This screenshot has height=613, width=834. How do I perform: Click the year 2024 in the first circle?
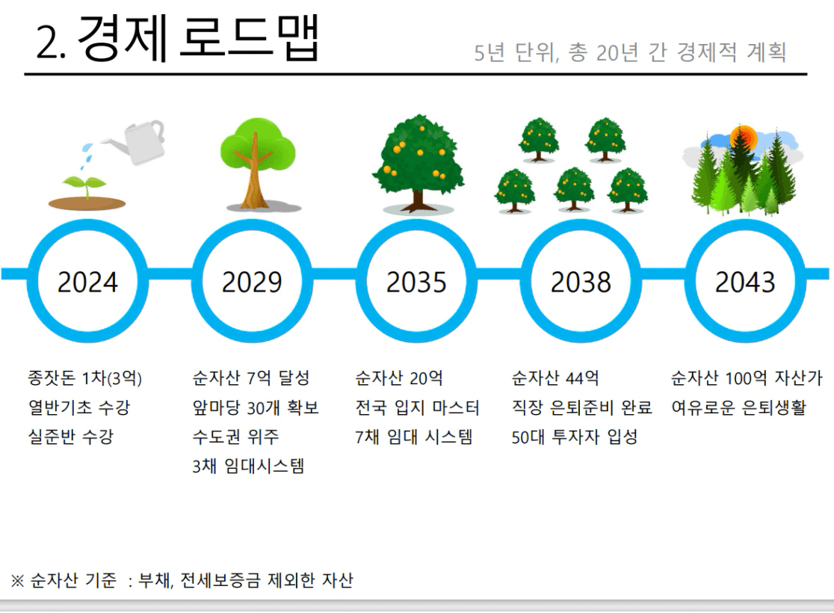click(x=87, y=282)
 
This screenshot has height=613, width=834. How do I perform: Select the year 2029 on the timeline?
click(x=252, y=282)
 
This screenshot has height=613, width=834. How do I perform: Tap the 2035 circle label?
click(x=416, y=282)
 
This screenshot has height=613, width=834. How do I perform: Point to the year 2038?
click(x=581, y=282)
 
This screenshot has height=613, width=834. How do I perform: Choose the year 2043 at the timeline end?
click(x=744, y=282)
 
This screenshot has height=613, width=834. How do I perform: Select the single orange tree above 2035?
click(x=418, y=163)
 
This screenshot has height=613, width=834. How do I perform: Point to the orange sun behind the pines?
click(x=743, y=138)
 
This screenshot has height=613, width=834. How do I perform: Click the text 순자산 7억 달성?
click(x=251, y=378)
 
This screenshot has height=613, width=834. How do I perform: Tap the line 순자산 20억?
click(x=399, y=378)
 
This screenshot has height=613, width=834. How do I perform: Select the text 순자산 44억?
click(x=555, y=378)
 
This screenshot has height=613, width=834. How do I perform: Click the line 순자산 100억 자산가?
click(x=747, y=378)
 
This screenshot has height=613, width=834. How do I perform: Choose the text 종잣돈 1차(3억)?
click(x=85, y=378)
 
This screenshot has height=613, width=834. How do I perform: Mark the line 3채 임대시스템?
click(x=248, y=466)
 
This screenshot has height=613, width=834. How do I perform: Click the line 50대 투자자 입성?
click(x=575, y=437)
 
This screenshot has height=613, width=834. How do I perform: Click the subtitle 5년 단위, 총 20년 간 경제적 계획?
click(x=630, y=52)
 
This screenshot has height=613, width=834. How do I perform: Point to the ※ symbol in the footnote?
click(x=17, y=581)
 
